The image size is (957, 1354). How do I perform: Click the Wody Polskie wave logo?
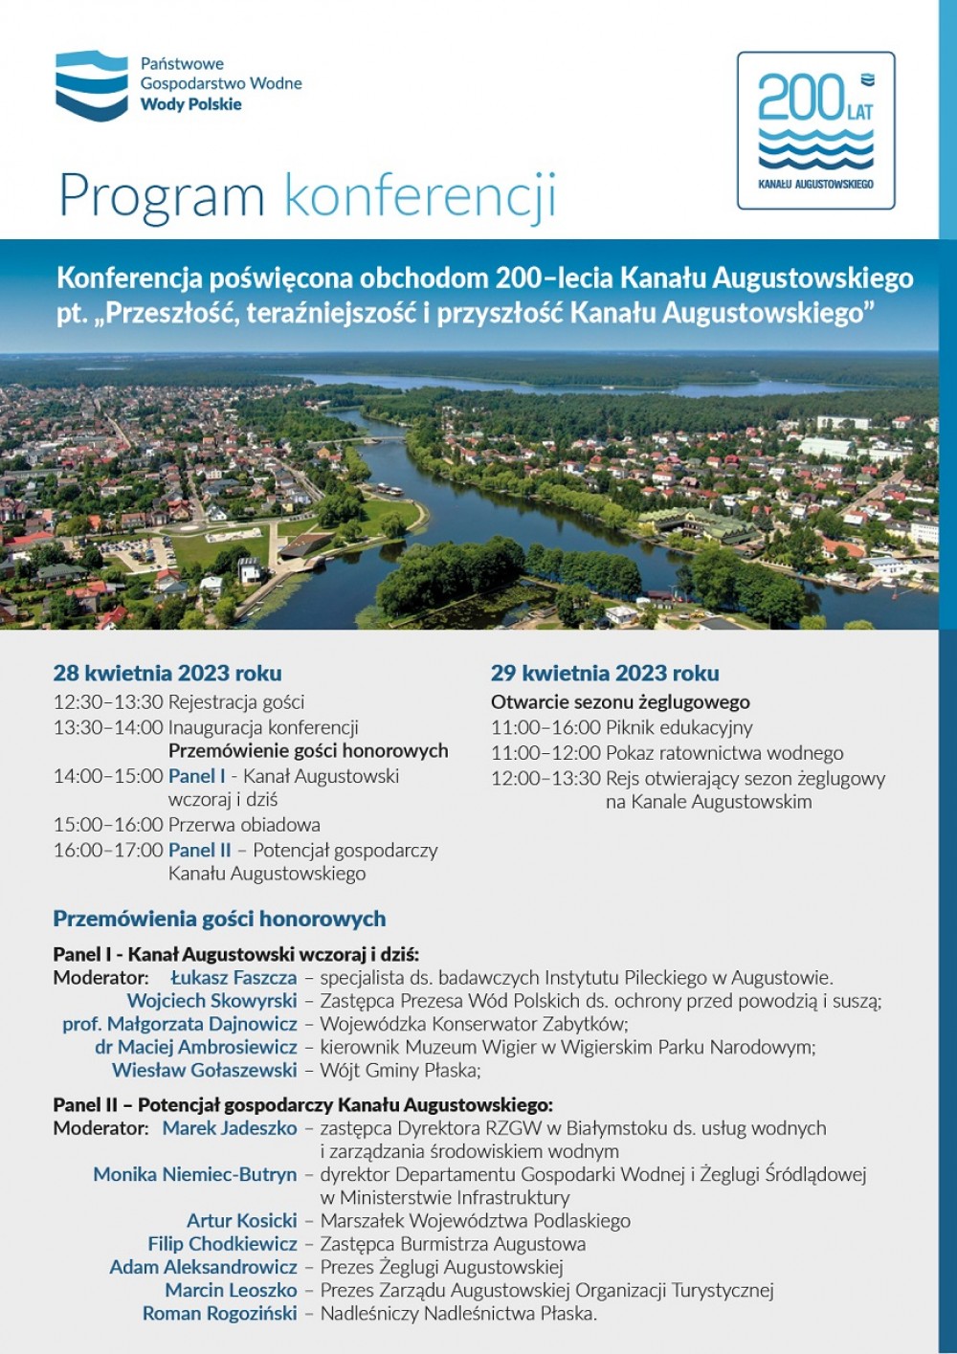click(x=91, y=85)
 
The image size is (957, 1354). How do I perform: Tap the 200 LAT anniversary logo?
click(x=815, y=130)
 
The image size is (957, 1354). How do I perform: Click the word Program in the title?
click(x=161, y=196)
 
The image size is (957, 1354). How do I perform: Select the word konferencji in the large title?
click(x=419, y=196)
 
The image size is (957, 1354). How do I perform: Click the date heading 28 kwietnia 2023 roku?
click(x=167, y=673)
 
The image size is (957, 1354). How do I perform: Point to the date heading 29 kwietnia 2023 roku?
click(x=605, y=673)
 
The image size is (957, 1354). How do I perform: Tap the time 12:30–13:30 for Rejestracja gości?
click(x=108, y=701)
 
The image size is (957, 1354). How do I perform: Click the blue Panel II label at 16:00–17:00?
click(x=199, y=850)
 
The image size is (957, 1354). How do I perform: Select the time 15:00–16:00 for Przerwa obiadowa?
click(x=108, y=824)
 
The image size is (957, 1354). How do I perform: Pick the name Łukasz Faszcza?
click(x=234, y=978)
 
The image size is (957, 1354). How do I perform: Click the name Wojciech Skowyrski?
click(x=211, y=1001)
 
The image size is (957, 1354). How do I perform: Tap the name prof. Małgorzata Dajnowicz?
click(x=180, y=1024)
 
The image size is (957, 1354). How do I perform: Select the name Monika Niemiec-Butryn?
click(x=194, y=1174)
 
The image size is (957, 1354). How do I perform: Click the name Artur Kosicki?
click(x=241, y=1221)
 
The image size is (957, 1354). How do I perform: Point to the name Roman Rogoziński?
click(x=219, y=1314)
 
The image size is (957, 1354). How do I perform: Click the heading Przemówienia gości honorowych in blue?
click(x=219, y=919)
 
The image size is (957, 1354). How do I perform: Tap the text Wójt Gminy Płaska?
click(x=400, y=1070)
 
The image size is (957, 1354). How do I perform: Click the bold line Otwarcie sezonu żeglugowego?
click(x=620, y=701)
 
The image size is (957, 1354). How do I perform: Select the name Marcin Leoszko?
click(x=231, y=1291)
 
